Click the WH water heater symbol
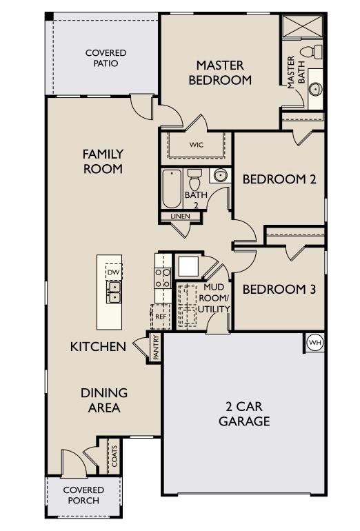tap(314, 343)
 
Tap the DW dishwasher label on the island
tap(114, 273)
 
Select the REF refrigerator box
tap(161, 318)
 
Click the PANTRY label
tap(156, 347)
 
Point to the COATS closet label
tap(114, 457)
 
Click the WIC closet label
tap(197, 146)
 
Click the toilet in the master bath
tap(315, 52)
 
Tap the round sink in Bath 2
tap(219, 176)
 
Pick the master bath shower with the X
tap(301, 29)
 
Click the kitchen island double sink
tap(114, 297)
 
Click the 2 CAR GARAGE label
tap(244, 413)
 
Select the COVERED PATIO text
tap(106, 58)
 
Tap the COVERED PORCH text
tap(83, 495)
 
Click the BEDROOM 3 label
tap(279, 289)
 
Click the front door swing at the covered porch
tap(73, 463)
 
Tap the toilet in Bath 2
tap(194, 177)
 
